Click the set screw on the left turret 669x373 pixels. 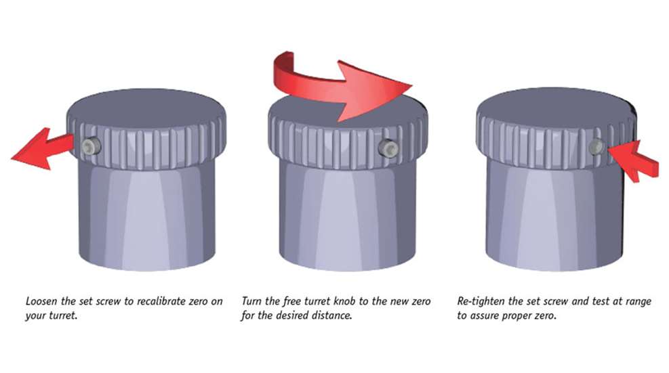click(x=90, y=146)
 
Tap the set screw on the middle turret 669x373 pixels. click(x=388, y=148)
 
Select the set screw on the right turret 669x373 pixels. click(x=596, y=147)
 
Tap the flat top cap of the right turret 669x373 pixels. click(x=556, y=105)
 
